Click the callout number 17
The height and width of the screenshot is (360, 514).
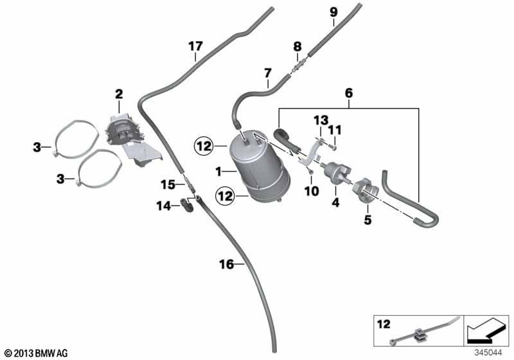(x=195, y=46)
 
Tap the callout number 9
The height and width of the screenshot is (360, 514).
(x=333, y=12)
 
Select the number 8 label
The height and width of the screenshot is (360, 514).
(x=297, y=46)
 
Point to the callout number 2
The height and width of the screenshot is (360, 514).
(x=119, y=94)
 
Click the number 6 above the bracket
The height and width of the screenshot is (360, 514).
(x=349, y=93)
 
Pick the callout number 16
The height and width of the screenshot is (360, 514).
(x=227, y=264)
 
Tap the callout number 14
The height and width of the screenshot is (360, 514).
(x=164, y=206)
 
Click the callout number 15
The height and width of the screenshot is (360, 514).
(x=168, y=184)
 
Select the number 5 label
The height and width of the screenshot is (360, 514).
(x=368, y=220)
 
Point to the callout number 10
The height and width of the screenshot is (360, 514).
(x=312, y=191)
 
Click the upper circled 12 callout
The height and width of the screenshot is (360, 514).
(x=204, y=145)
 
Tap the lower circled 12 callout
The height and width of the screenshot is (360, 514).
(x=225, y=196)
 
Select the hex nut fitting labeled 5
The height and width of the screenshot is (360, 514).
(x=366, y=191)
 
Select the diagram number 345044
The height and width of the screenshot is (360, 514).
(x=488, y=353)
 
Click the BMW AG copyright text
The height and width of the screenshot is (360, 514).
(x=37, y=353)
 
